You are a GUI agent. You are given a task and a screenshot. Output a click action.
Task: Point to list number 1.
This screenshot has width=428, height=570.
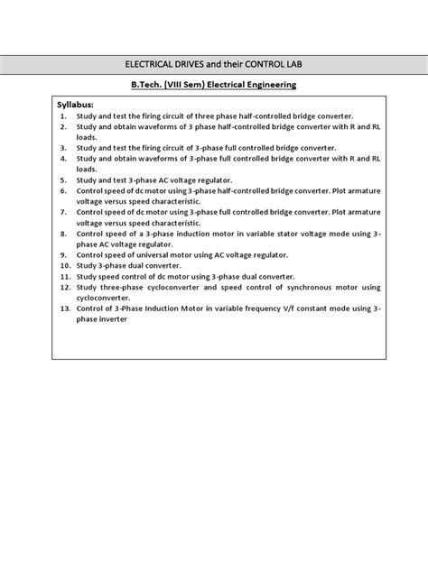pos(63,117)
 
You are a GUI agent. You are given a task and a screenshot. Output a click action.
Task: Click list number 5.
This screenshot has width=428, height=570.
pos(63,179)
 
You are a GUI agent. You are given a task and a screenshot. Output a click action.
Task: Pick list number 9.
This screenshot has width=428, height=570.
pos(63,255)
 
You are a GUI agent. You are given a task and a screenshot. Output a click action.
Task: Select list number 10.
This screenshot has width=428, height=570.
pos(65,266)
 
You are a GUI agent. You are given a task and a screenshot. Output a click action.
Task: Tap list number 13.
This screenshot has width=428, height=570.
pos(65,308)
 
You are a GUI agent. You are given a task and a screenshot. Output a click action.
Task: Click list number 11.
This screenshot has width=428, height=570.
pos(65,277)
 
